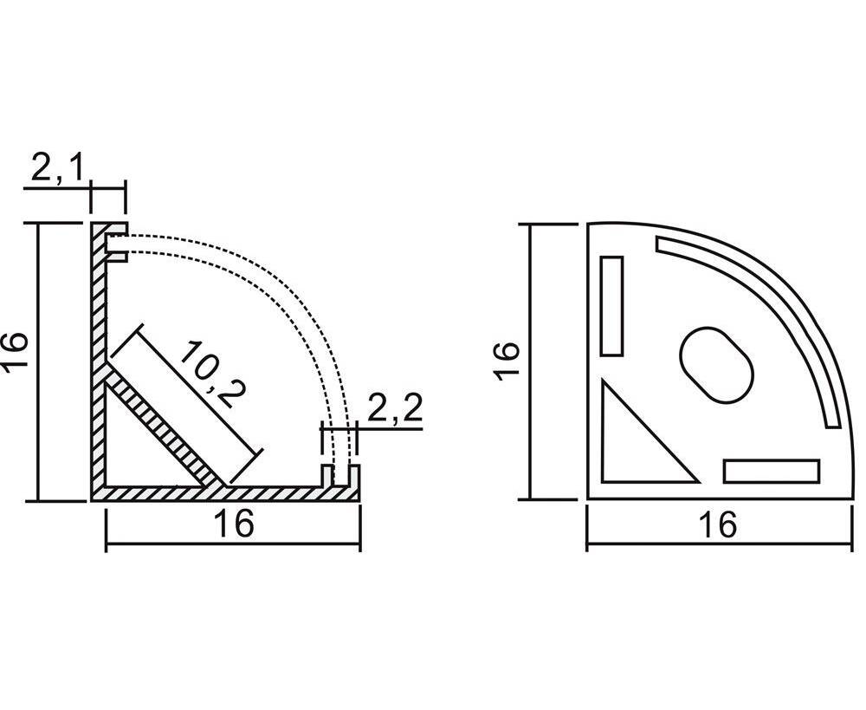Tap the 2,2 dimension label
point(394,407)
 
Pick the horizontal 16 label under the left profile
point(234,523)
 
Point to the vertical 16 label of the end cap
point(506,361)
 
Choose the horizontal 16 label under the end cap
point(717,524)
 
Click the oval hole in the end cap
point(716,364)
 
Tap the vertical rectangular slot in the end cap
point(612,306)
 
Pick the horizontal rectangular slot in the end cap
point(771,471)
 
